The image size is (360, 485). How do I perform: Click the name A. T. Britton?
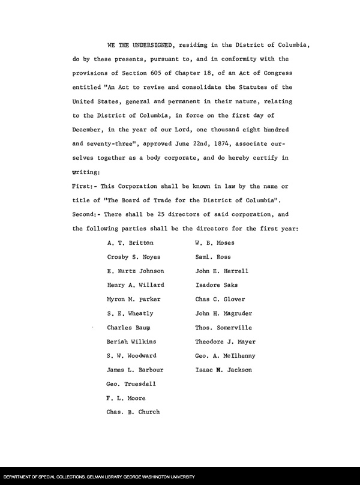pos(130,243)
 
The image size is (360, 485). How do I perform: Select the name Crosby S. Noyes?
pos(134,257)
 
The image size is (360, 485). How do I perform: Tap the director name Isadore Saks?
pos(217,285)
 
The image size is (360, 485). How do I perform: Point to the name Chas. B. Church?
pos(133,412)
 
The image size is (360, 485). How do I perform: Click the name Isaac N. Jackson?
pos(224,370)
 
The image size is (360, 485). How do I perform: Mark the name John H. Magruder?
pos(224,313)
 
